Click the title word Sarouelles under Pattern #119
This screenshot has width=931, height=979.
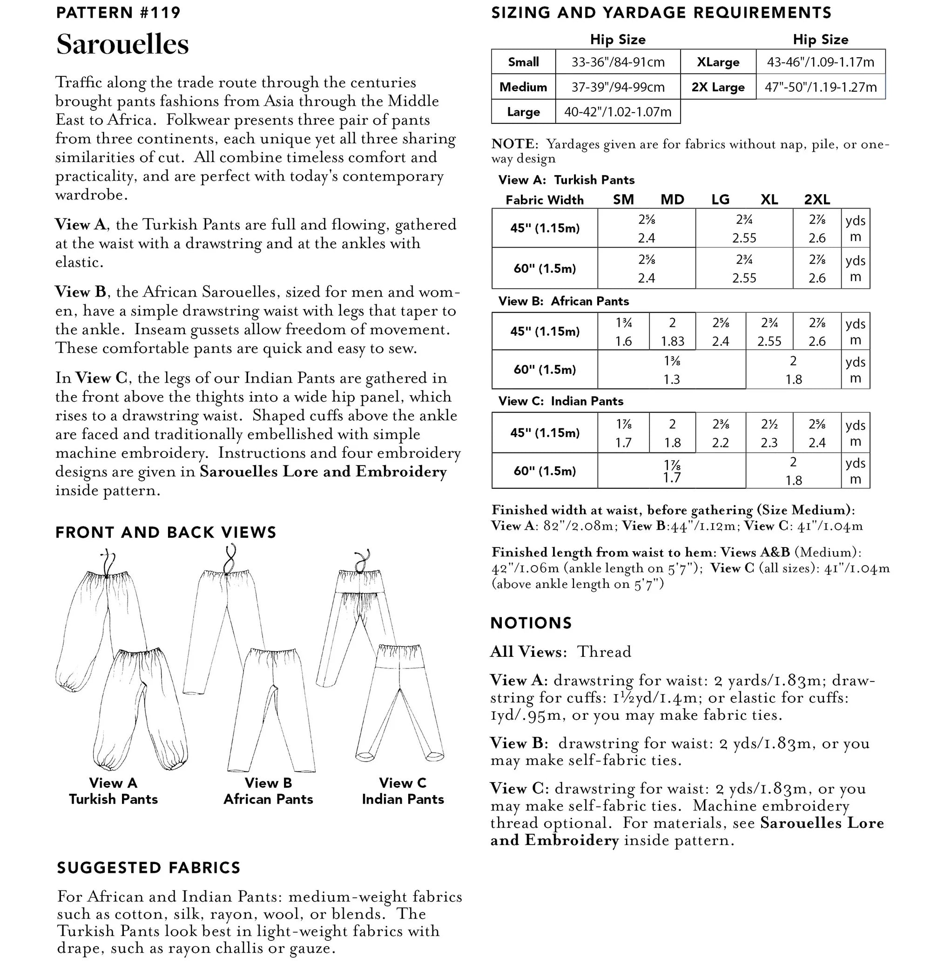point(122,44)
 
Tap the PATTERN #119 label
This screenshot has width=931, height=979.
point(118,13)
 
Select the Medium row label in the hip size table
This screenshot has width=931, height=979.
point(523,87)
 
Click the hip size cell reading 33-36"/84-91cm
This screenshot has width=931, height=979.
point(618,62)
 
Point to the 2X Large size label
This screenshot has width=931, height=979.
point(718,87)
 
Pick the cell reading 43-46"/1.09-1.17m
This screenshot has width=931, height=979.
point(820,62)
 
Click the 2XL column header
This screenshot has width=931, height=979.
point(817,199)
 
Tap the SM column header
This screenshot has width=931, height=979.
point(623,199)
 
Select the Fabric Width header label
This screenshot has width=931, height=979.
point(545,200)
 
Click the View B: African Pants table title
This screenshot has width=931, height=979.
point(563,301)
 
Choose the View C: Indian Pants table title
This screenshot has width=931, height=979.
point(560,401)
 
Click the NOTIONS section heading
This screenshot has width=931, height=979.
point(531,623)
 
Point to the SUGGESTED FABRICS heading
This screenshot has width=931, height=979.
point(148,867)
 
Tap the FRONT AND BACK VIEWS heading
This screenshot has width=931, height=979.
point(166,533)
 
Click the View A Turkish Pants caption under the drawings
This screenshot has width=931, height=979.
point(113,791)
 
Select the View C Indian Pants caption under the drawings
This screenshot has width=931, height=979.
point(403,791)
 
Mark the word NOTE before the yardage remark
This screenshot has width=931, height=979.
point(513,144)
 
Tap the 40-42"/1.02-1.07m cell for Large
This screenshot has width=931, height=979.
point(617,112)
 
